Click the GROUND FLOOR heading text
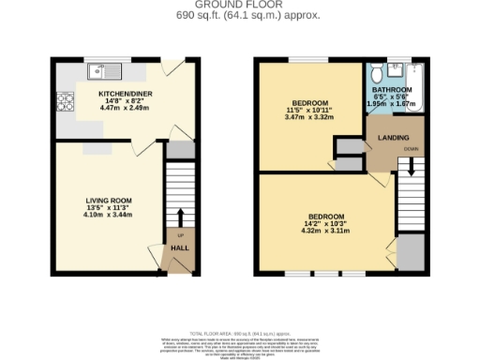241,6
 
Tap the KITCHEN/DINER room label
125,94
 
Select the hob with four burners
66,98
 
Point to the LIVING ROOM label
109,200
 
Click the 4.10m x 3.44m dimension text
109,216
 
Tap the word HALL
180,247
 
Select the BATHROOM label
392,91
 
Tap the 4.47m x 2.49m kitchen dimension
125,109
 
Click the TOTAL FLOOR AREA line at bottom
240,334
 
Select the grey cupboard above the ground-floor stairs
180,150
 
